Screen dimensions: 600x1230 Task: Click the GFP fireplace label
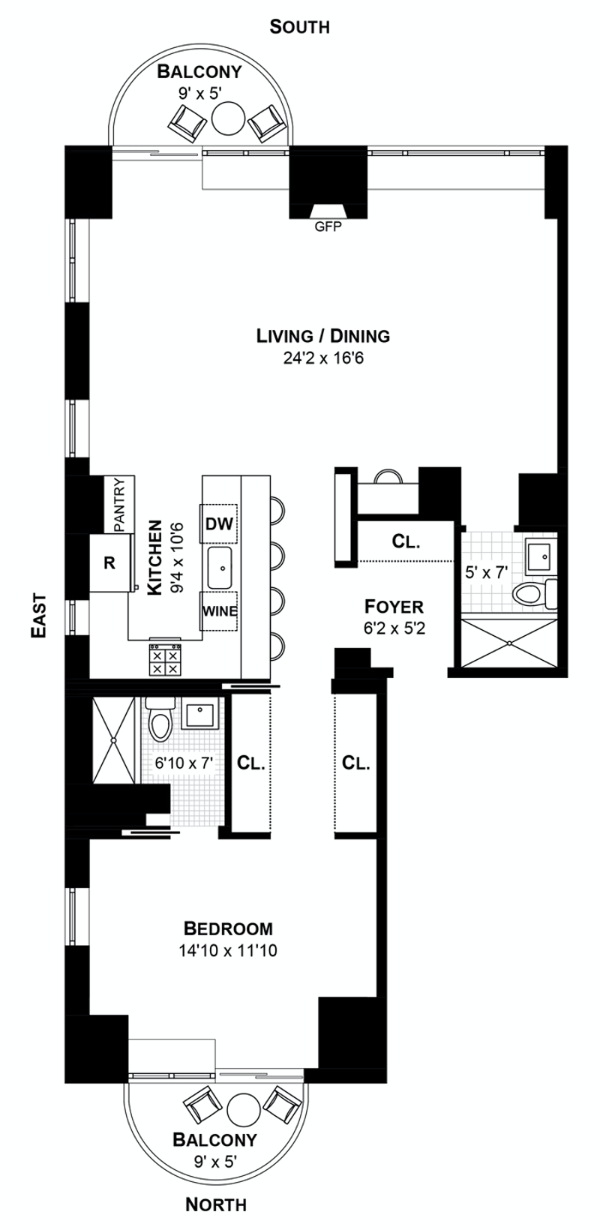tap(327, 226)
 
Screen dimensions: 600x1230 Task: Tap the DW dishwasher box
tap(218, 523)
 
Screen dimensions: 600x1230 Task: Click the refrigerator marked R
tap(109, 562)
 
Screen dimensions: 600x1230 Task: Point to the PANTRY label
tap(119, 505)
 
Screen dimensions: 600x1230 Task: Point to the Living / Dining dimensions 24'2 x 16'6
tap(323, 358)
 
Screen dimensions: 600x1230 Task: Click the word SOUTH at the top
tap(299, 27)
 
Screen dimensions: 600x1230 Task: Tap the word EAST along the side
tap(39, 616)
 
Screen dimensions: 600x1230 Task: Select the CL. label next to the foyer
tap(406, 541)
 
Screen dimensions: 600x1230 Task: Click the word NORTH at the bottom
tap(216, 1204)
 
